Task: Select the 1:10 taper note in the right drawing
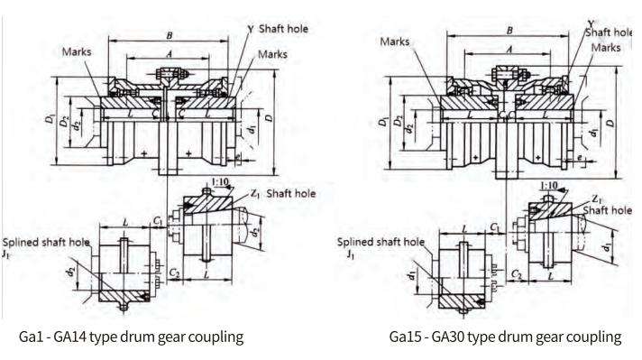tap(546, 189)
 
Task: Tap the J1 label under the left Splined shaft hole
tap(8, 256)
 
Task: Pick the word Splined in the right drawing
tap(358, 242)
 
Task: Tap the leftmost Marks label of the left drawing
tap(77, 51)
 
